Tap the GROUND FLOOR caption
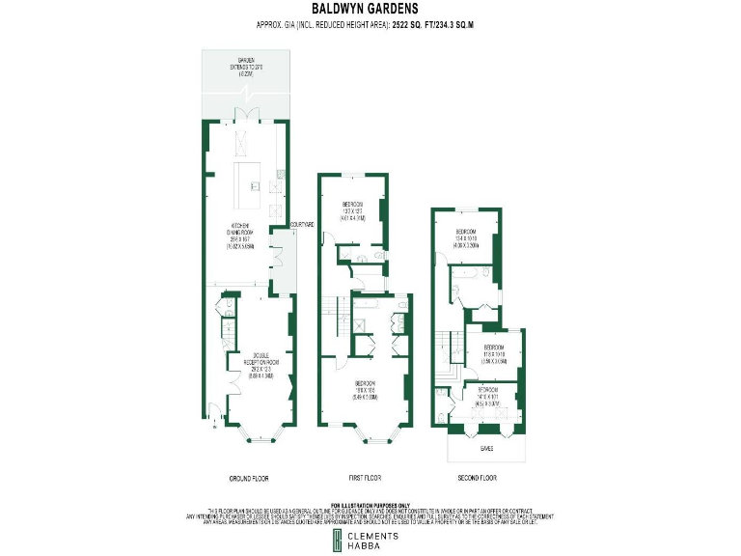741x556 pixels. click(249, 479)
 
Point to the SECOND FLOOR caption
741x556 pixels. click(477, 479)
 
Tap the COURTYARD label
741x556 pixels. click(302, 225)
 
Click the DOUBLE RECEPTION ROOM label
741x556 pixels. click(255, 361)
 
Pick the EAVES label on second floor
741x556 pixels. click(486, 450)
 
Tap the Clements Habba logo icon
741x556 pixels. click(328, 541)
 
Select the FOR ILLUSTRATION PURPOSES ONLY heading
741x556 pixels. click(370, 505)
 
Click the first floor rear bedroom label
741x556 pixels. click(353, 209)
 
